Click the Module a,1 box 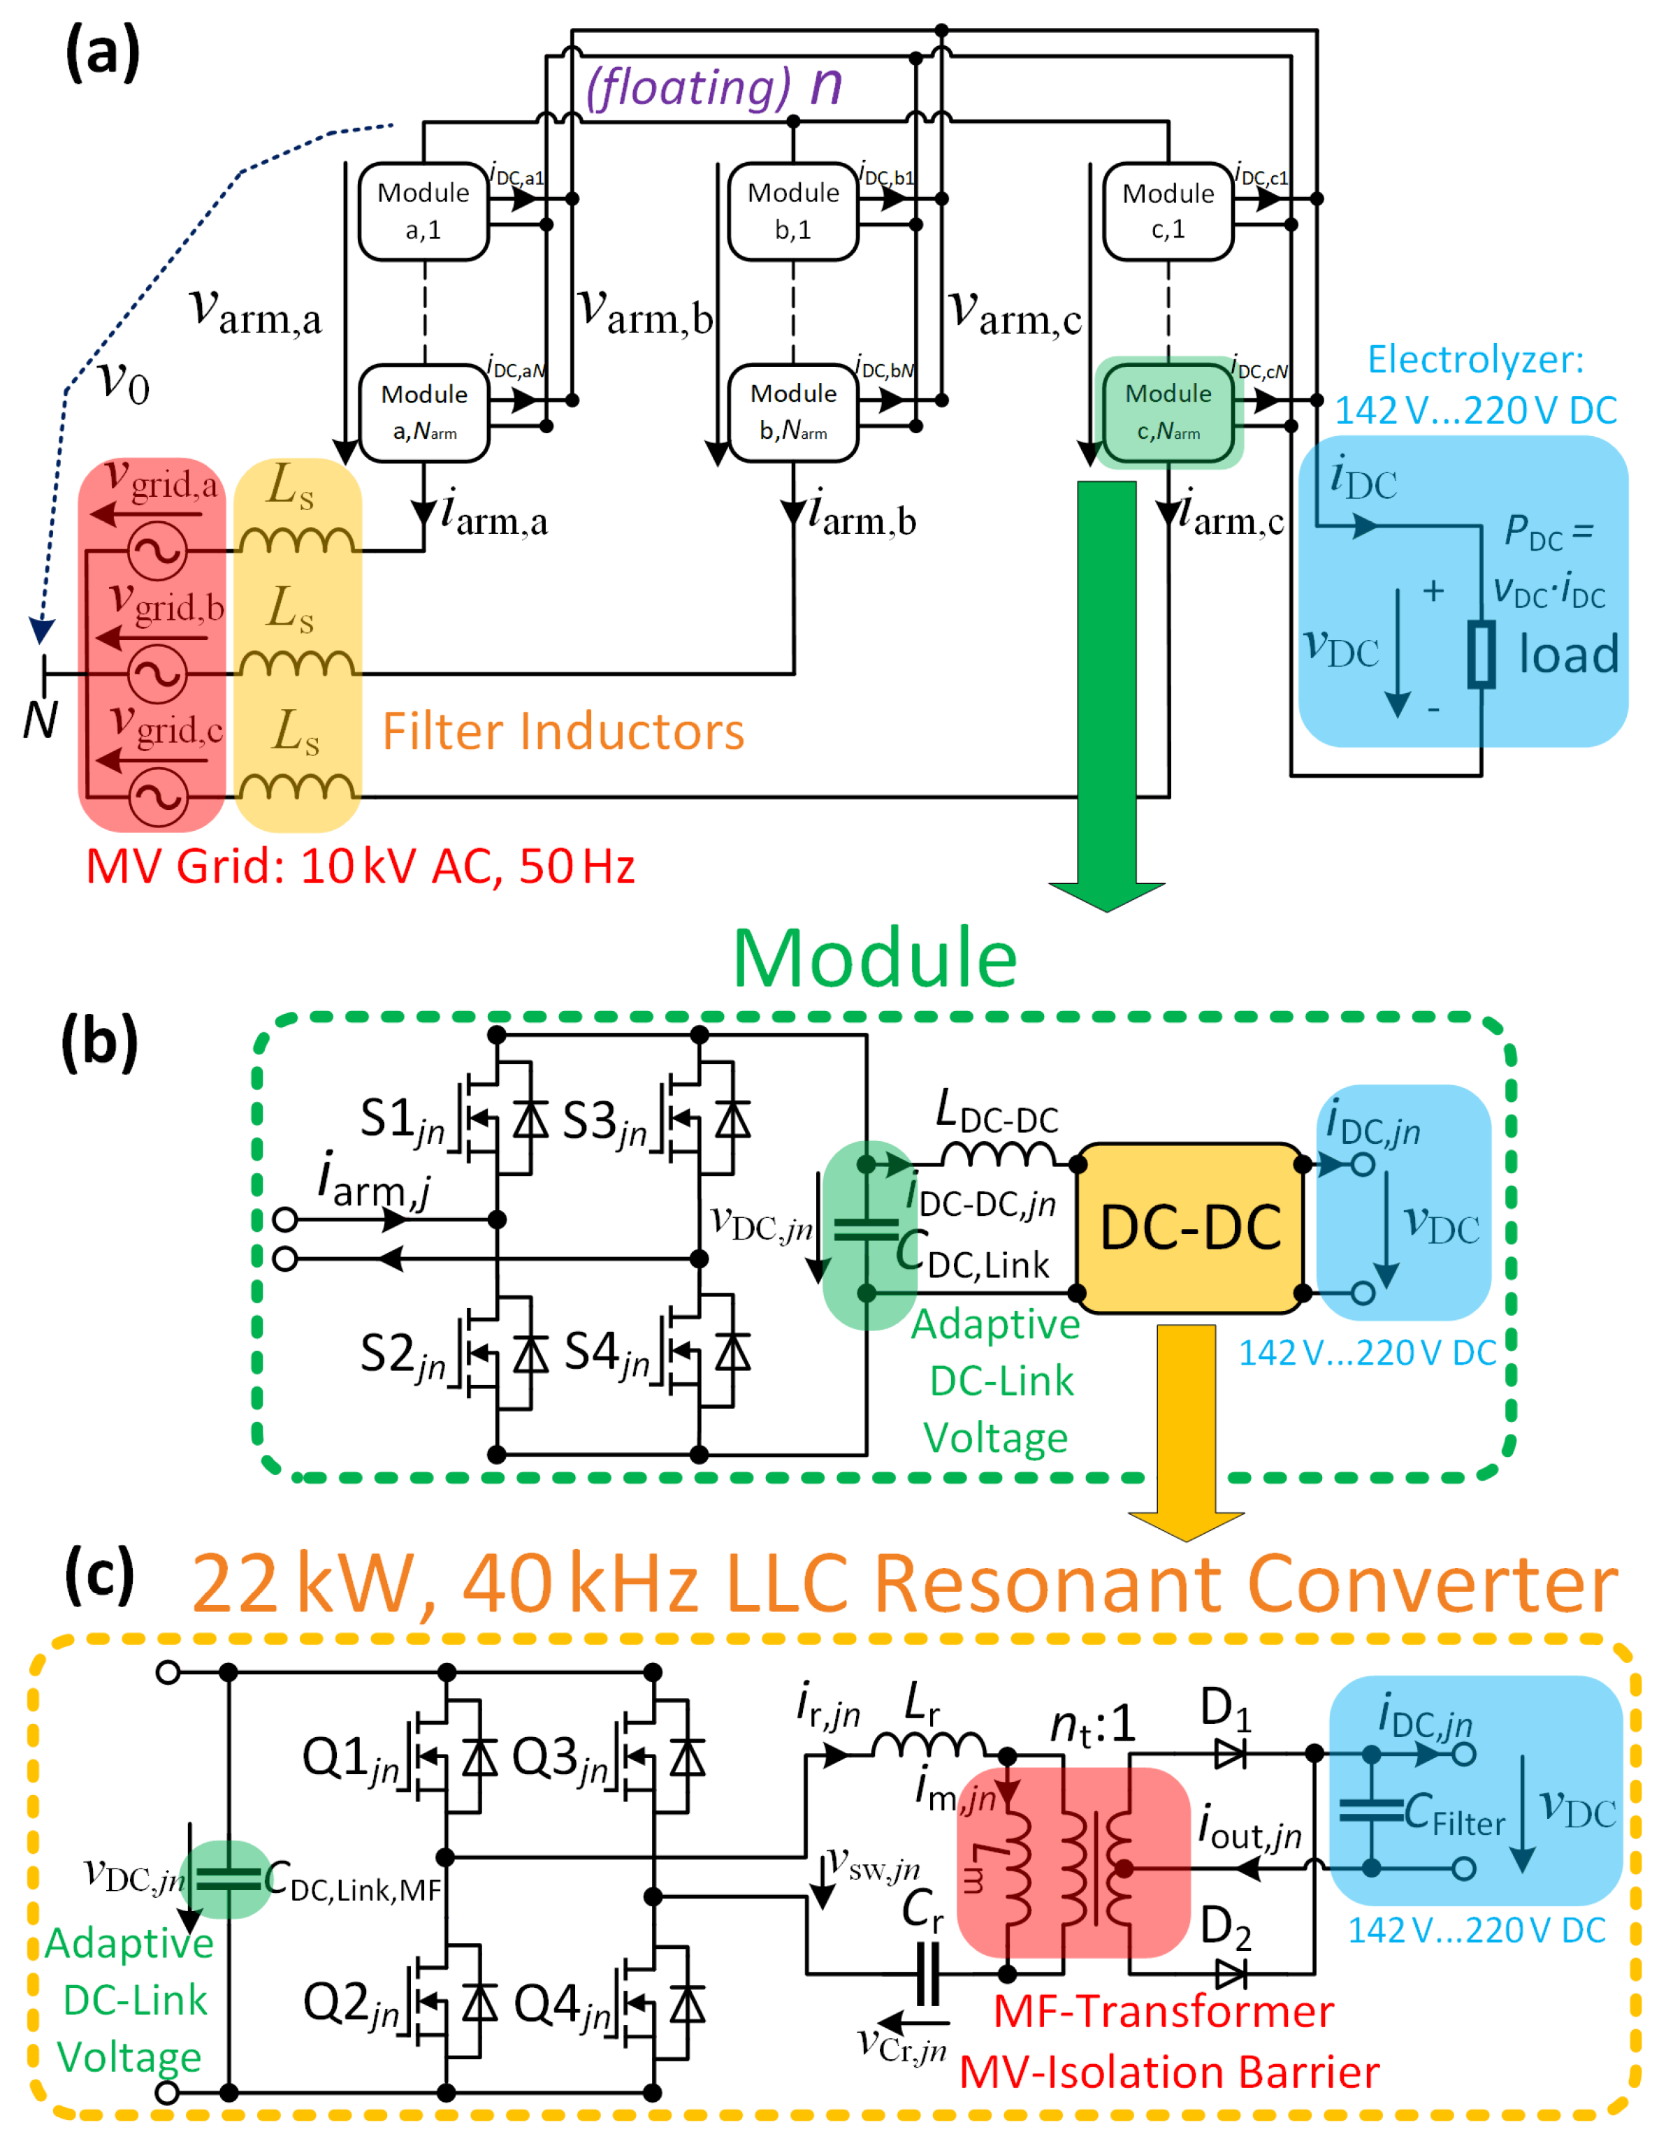click(423, 211)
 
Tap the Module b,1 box click(792, 211)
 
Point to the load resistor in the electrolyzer click(1481, 654)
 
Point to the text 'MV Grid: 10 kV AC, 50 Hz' click(360, 866)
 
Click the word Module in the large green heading click(875, 958)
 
